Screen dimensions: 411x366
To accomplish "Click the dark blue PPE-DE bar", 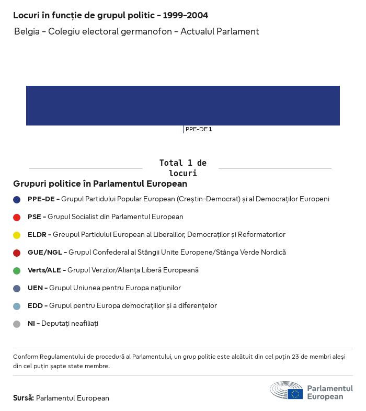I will point(183,106).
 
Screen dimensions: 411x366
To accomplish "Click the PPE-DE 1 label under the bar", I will point(198,129).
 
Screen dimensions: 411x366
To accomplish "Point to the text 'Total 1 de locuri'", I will point(182,168).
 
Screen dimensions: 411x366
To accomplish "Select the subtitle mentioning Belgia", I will point(136,31).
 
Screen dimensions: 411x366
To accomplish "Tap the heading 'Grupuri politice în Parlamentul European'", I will point(100,184).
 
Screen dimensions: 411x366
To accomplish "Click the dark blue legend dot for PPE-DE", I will point(17,199).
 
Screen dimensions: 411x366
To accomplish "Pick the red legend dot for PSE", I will point(17,217).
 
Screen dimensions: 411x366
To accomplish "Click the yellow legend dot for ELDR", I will point(17,235).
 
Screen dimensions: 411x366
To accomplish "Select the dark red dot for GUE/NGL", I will point(17,253).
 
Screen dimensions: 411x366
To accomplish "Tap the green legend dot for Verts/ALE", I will point(17,270).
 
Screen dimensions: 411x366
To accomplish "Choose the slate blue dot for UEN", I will point(17,288).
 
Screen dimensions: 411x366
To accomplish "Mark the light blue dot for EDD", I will point(17,306).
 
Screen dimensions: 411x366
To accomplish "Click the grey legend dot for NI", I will point(17,324).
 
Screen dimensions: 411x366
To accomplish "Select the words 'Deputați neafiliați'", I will point(70,324).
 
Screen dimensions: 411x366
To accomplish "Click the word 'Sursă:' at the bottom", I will point(24,398).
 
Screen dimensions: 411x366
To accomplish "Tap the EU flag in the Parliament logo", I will point(295,394).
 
